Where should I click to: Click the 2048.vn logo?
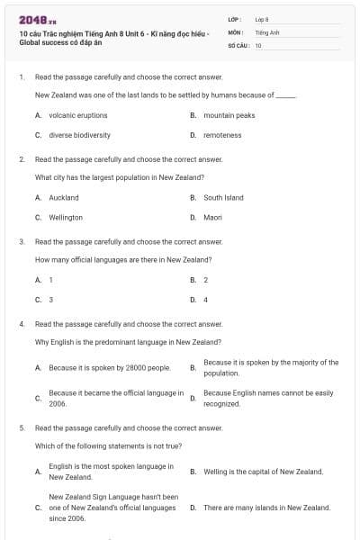[x=37, y=19]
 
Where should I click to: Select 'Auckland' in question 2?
[x=64, y=197]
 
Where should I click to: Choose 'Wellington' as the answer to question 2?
[x=66, y=217]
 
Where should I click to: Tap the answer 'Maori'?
[x=212, y=217]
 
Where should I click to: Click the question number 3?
[x=22, y=241]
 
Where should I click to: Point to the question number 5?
[x=22, y=427]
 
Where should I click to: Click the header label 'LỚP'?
[x=233, y=19]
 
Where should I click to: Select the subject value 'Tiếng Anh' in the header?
[x=267, y=31]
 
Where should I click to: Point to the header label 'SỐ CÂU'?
[x=237, y=44]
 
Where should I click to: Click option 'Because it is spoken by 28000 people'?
[x=110, y=367]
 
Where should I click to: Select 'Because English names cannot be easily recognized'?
[x=268, y=399]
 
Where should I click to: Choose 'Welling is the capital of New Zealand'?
[x=263, y=471]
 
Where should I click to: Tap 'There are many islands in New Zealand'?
[x=266, y=508]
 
